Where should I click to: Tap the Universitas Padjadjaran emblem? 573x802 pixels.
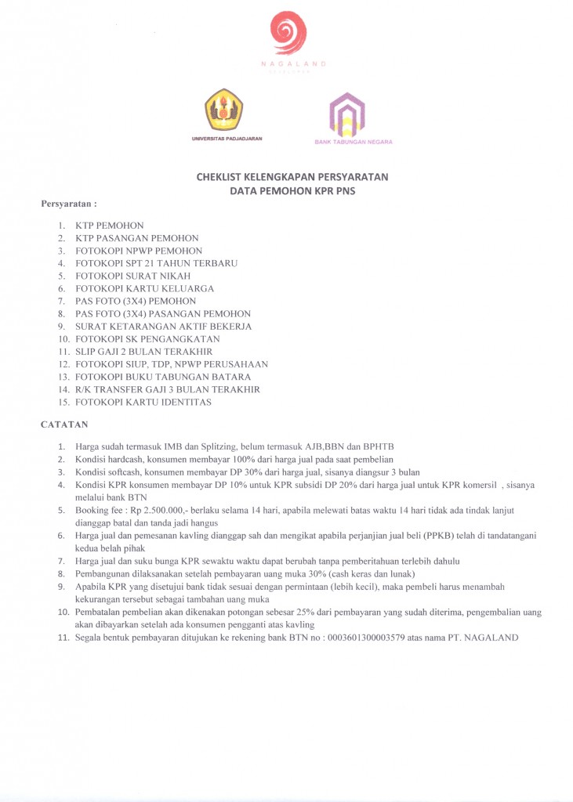[x=224, y=110]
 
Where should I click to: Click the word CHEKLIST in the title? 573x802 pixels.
[x=221, y=177]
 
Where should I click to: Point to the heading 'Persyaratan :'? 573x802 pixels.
[x=68, y=204]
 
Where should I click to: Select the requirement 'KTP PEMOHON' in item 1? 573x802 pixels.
[x=110, y=226]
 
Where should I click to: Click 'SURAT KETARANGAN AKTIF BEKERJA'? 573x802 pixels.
[x=164, y=327]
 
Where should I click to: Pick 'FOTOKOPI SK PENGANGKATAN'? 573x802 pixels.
[x=147, y=339]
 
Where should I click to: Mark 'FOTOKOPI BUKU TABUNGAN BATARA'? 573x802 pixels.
[x=163, y=377]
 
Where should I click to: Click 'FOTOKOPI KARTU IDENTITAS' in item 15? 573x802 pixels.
[x=143, y=402]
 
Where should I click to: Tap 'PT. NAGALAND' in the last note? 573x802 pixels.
[x=491, y=638]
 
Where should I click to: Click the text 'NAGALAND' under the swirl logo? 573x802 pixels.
[x=293, y=63]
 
